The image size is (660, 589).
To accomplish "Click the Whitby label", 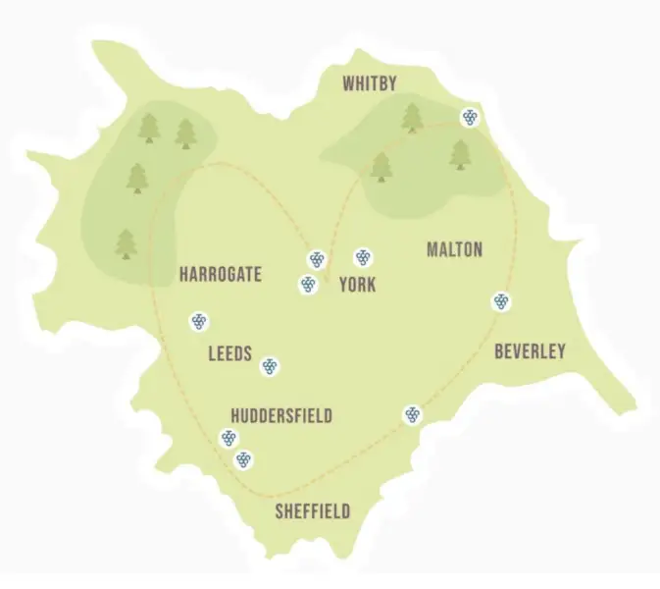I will coord(370,84).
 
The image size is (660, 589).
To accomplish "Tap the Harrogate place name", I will coord(221,275).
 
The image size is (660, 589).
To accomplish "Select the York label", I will coord(357,285).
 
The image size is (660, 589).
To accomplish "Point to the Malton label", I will coord(454,249).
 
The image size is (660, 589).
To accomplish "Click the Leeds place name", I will coord(230,353).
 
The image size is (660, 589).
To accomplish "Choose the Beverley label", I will coord(530,350).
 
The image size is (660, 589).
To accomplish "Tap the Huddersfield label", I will coord(281,416).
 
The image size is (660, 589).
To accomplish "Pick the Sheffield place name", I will coord(312,511).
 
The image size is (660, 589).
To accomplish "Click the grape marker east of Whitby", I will coord(471,118).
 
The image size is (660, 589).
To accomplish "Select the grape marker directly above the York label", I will coord(363,257).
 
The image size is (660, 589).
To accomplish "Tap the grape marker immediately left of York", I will coord(308,285).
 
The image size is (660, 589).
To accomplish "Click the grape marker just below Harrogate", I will coord(199,321).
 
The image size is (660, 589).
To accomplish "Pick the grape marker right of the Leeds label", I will coord(270,366).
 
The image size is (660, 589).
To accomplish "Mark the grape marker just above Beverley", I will coord(501,301).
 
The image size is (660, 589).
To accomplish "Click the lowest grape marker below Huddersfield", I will coord(243,458).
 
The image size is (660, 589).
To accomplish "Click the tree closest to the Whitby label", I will coord(413,118).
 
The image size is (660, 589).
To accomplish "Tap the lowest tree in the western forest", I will coord(126,243).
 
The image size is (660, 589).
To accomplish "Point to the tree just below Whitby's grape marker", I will coord(460,154).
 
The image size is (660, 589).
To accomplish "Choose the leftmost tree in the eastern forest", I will coord(381,167).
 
